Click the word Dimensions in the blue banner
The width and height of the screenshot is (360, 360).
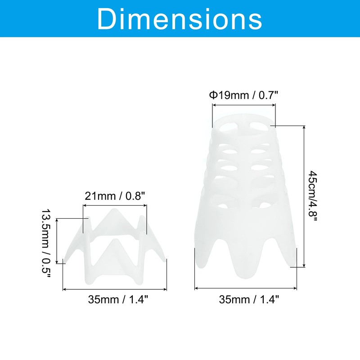(179, 19)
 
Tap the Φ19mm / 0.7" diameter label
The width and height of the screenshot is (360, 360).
(243, 95)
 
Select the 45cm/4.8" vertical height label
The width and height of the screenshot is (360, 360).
(312, 196)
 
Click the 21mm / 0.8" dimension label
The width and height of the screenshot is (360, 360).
(115, 196)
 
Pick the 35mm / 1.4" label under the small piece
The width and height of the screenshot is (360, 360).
(118, 299)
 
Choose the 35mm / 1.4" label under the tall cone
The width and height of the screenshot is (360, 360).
(249, 299)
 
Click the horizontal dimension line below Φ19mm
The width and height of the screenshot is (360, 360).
(244, 105)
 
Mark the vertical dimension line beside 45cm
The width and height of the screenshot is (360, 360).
(305, 196)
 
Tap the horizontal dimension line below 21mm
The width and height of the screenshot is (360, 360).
(115, 206)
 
